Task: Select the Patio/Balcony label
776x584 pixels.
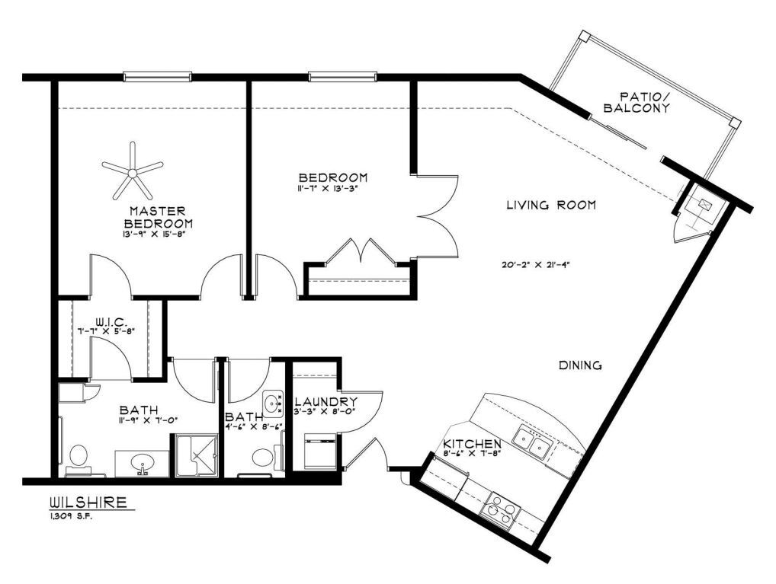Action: pos(637,103)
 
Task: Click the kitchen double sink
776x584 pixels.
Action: pos(533,442)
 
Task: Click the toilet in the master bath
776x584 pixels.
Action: pos(77,458)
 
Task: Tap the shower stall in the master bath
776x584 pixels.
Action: pos(197,455)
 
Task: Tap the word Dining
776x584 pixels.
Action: pos(581,365)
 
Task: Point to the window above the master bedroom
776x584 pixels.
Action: pos(158,75)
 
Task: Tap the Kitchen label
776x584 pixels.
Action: pos(473,444)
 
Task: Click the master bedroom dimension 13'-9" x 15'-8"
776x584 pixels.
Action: pos(158,235)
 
